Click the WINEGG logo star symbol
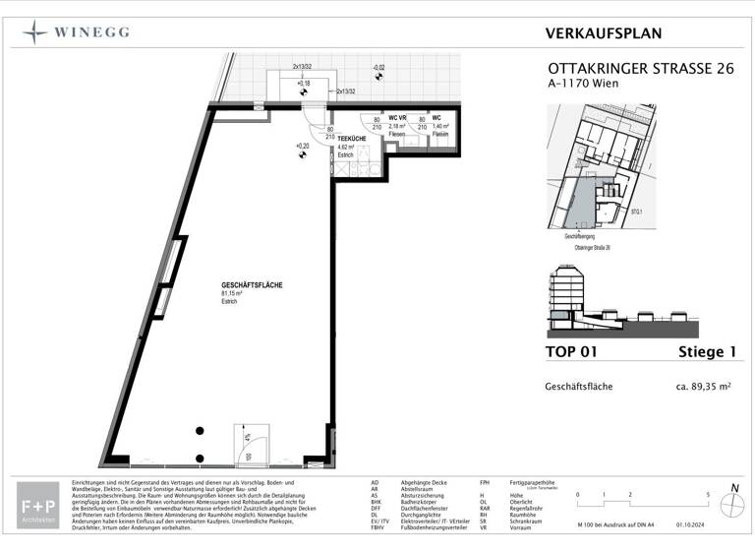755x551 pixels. pyautogui.click(x=35, y=32)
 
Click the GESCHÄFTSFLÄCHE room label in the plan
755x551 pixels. pyautogui.click(x=252, y=284)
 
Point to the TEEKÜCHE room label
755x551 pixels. pyautogui.click(x=353, y=139)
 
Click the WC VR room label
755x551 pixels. pyautogui.click(x=398, y=118)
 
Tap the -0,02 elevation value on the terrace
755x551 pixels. pyautogui.click(x=377, y=68)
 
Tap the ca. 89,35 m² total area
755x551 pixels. pyautogui.click(x=701, y=387)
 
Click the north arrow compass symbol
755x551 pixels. pyautogui.click(x=731, y=504)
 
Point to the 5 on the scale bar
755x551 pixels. pyautogui.click(x=708, y=494)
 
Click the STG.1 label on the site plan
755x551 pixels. pyautogui.click(x=637, y=210)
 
